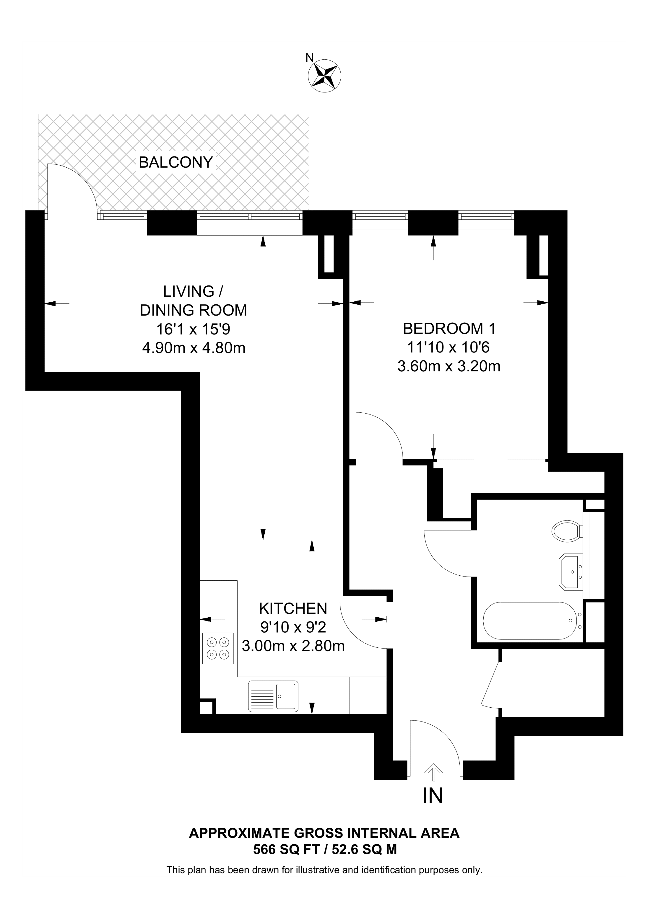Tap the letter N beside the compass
point(309,58)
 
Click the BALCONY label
point(175,162)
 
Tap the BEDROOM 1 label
point(449,329)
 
